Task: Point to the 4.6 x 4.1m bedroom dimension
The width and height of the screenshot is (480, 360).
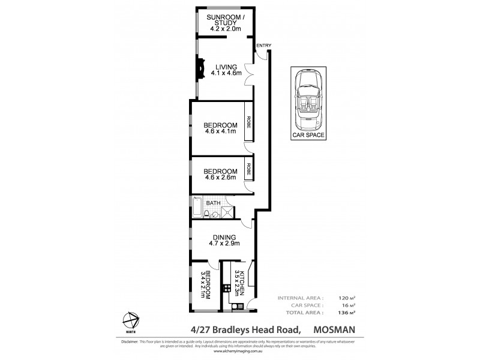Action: pos(221,131)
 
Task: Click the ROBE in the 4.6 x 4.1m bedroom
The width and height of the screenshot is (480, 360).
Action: pos(247,125)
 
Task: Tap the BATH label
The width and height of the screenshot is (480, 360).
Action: pos(214,203)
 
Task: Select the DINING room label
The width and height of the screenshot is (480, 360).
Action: pos(223,237)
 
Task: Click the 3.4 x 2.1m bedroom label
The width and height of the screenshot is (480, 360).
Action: pos(206,286)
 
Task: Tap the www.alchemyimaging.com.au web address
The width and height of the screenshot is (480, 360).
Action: pos(239,353)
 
